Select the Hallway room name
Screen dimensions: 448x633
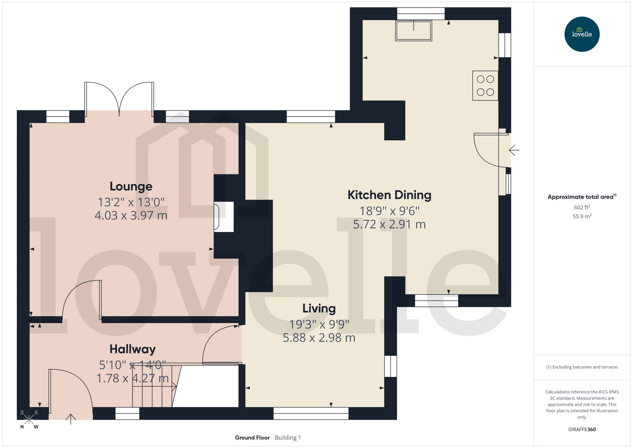point(132,349)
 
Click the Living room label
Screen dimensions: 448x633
point(319,308)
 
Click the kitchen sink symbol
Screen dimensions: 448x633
point(413,31)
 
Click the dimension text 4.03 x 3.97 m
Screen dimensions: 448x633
point(131,215)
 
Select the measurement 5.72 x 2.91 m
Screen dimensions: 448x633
point(389,224)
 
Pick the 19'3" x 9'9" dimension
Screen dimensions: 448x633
point(319,324)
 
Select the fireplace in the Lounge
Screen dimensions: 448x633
point(223,216)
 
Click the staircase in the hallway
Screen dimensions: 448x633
point(154,386)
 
